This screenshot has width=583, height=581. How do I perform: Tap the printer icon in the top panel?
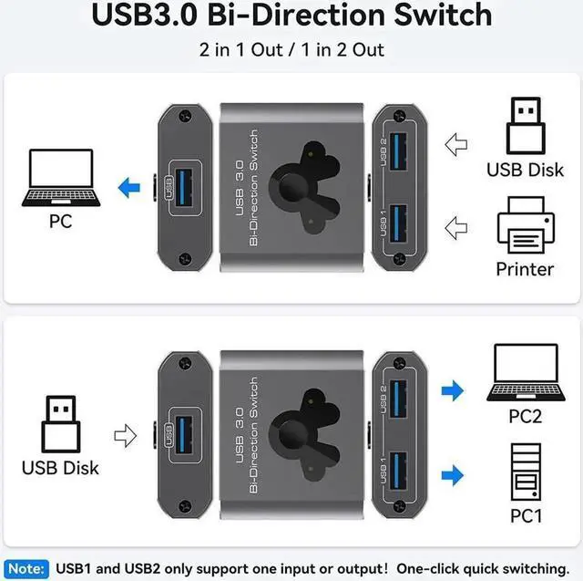(x=526, y=230)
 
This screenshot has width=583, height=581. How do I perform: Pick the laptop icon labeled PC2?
(x=526, y=373)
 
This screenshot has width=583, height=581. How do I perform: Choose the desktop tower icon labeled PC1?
(x=526, y=471)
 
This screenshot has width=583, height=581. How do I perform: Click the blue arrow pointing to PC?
(x=130, y=189)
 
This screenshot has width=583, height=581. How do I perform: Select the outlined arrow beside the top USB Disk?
(x=455, y=143)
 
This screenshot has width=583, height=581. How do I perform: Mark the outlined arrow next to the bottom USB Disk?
(x=124, y=435)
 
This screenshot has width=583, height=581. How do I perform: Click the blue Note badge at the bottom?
(x=26, y=567)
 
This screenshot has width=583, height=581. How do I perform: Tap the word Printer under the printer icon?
(x=525, y=269)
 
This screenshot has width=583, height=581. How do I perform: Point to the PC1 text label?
(x=526, y=517)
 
